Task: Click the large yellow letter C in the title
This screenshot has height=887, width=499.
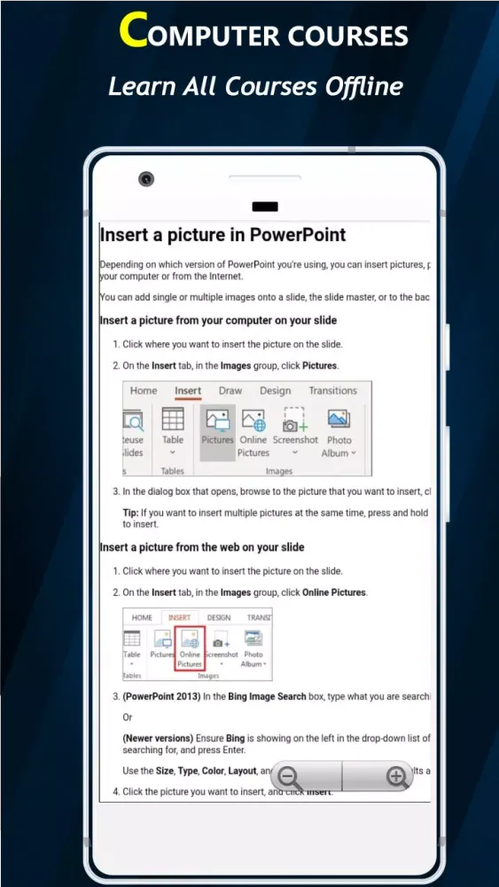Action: click(133, 30)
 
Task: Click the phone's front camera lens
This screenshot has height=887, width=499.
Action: click(146, 179)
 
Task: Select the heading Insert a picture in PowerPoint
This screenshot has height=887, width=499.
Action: click(222, 235)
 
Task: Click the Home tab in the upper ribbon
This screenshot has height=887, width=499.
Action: click(144, 390)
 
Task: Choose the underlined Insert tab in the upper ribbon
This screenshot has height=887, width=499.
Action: click(188, 390)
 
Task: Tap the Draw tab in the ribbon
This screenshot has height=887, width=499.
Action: click(230, 390)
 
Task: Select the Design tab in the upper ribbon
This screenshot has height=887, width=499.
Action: click(275, 390)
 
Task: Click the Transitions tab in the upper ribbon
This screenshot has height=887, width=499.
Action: click(332, 390)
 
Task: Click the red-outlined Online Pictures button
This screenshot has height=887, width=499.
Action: click(190, 648)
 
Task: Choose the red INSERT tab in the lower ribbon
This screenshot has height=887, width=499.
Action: click(179, 617)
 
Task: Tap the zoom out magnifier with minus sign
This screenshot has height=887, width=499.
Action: click(290, 778)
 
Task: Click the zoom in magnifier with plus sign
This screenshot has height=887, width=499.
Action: click(396, 777)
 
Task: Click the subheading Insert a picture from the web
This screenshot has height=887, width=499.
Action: click(202, 547)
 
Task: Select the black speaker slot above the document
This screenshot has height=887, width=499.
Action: click(265, 207)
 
